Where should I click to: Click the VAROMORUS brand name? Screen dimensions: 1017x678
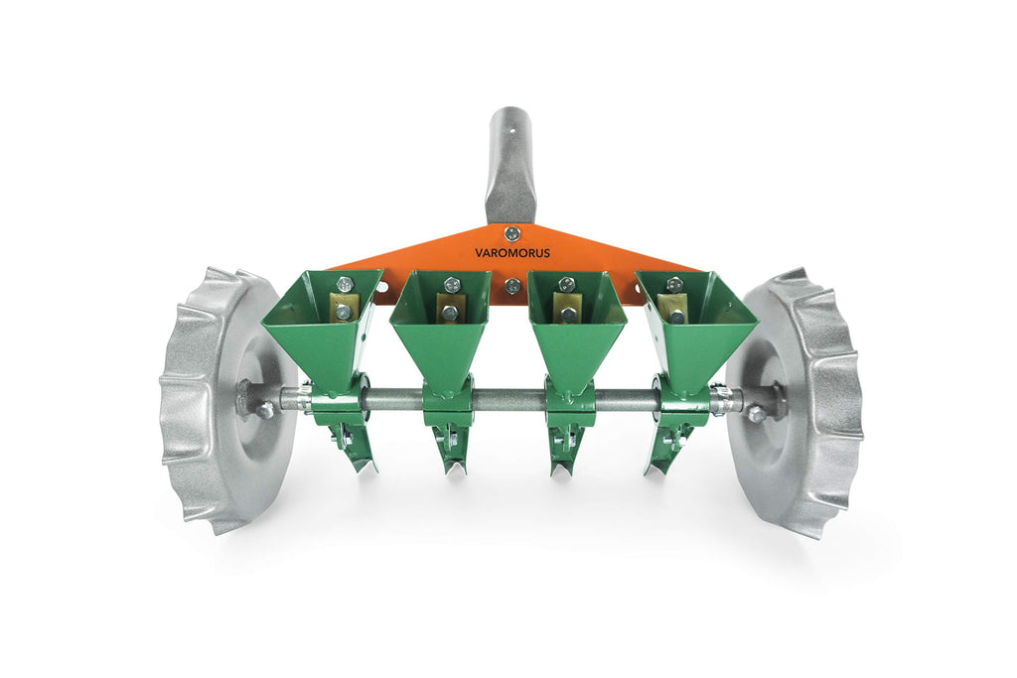(512, 253)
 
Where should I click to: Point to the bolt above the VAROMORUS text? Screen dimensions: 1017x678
(512, 232)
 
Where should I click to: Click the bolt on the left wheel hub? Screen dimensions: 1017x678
(264, 410)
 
